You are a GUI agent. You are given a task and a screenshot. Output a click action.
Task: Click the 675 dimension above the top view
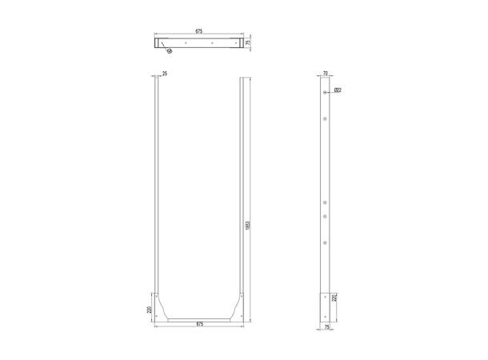tap(198, 31)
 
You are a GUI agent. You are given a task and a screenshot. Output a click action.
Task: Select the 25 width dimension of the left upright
tap(164, 74)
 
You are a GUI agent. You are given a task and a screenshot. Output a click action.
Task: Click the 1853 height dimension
tap(249, 226)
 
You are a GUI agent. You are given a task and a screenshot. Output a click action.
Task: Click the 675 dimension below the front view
tap(200, 324)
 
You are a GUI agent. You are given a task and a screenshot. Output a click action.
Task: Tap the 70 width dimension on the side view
tap(326, 74)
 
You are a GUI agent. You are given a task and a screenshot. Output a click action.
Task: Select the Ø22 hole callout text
tap(338, 90)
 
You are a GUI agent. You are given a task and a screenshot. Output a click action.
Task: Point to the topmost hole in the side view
tap(326, 94)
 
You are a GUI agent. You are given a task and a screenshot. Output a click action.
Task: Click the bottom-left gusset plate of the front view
tap(165, 308)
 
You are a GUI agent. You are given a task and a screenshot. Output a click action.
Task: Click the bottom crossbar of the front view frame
tap(200, 318)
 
